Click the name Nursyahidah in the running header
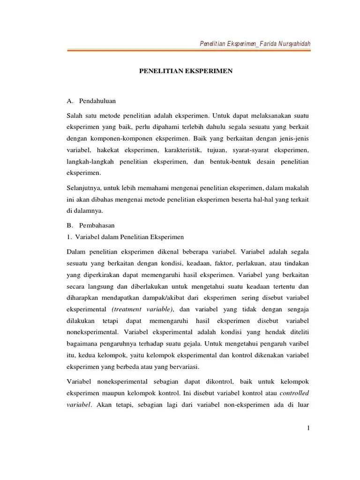pos(293,44)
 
